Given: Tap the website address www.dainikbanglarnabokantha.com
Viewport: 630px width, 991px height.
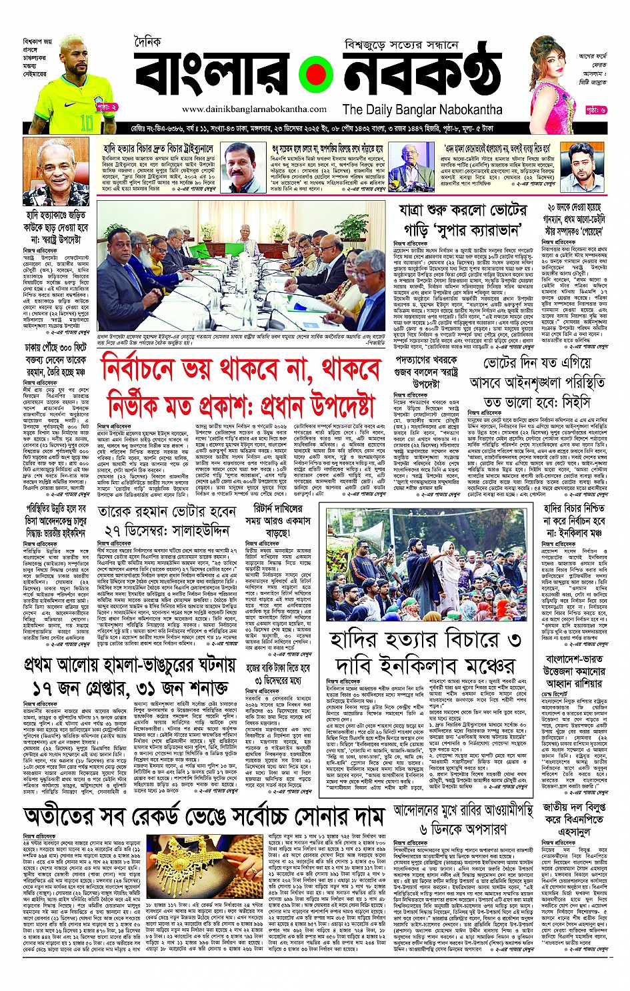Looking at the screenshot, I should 245,109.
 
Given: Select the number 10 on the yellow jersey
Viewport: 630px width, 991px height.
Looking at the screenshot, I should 87,123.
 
